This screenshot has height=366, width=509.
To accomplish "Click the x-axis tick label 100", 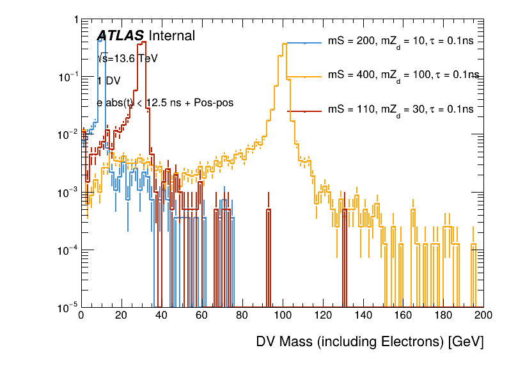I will [282, 315].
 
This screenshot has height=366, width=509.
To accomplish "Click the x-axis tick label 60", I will [201, 315].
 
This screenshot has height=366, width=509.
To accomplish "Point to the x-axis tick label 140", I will [363, 315].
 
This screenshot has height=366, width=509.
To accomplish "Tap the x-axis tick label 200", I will [483, 315].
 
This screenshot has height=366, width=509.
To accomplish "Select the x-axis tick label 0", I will [81, 315].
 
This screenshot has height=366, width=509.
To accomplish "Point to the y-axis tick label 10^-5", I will [65, 308].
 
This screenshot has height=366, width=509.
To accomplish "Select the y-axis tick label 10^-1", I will [65, 77].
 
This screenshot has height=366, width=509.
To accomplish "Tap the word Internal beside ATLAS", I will [171, 36].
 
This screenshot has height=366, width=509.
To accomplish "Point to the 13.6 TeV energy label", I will [128, 58].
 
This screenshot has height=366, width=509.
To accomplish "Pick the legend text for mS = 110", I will [400, 109].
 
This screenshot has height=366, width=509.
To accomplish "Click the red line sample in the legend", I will [304, 110].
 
